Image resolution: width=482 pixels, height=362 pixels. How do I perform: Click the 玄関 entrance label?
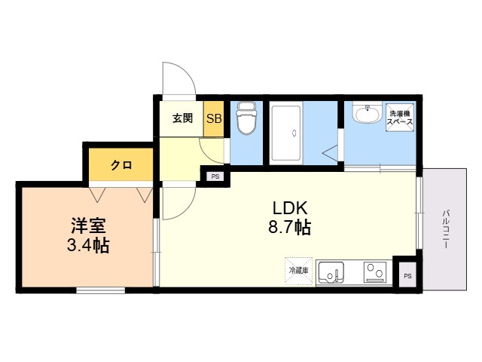pyautogui.click(x=182, y=118)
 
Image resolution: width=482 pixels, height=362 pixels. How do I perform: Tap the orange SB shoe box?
pyautogui.click(x=214, y=119)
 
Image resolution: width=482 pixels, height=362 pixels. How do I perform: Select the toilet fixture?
pyautogui.click(x=246, y=118)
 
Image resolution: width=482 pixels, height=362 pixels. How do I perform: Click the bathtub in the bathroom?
pyautogui.click(x=286, y=133)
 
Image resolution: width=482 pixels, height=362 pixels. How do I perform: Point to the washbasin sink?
pyautogui.click(x=367, y=114)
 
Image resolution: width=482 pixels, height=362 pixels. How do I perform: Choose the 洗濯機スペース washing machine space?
pyautogui.click(x=400, y=118)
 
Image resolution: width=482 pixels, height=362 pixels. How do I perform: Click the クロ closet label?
pyautogui.click(x=121, y=165)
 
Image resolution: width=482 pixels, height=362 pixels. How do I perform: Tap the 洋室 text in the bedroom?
pyautogui.click(x=89, y=225)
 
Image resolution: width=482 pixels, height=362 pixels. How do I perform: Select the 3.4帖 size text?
pyautogui.click(x=88, y=245)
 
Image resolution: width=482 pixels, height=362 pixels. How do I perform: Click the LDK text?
pyautogui.click(x=290, y=208)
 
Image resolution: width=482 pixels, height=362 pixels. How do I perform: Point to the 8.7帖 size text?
pyautogui.click(x=289, y=227)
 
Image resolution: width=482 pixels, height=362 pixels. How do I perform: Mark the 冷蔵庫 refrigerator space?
pyautogui.click(x=298, y=271)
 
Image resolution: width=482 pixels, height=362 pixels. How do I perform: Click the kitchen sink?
pyautogui.click(x=331, y=272)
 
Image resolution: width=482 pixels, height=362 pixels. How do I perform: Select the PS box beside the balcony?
pyautogui.click(x=407, y=275)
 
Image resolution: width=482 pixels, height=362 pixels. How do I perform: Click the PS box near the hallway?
pyautogui.click(x=215, y=176)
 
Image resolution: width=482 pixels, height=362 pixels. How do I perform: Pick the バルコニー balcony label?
pyautogui.click(x=446, y=229)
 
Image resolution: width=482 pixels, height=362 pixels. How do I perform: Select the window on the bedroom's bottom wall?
pyautogui.click(x=101, y=290)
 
